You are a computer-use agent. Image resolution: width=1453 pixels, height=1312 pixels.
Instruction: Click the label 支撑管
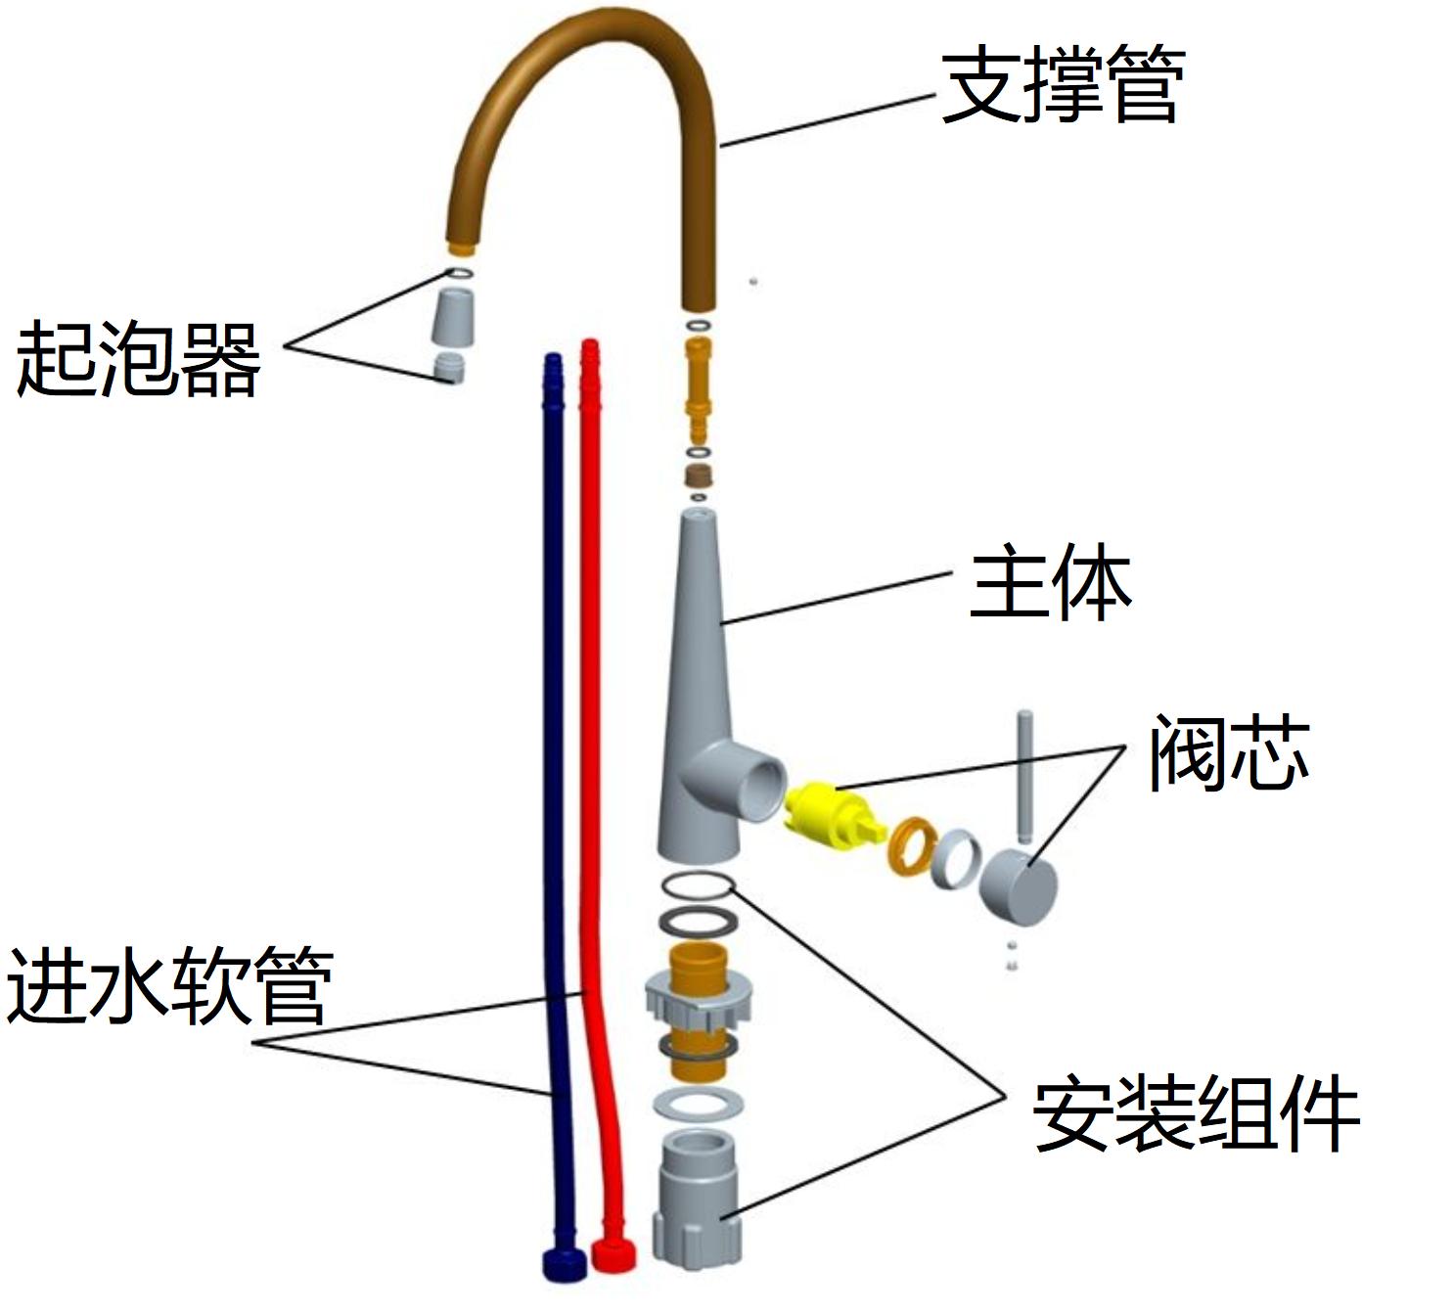tap(1063, 87)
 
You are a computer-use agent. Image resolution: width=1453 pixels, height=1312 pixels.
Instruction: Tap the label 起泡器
tap(138, 358)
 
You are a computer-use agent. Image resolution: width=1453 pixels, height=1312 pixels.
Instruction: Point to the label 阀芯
tap(1228, 752)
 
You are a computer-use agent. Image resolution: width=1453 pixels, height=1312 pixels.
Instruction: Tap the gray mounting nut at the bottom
tap(697, 1199)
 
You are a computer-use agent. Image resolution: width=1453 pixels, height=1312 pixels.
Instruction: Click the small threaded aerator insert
tap(448, 370)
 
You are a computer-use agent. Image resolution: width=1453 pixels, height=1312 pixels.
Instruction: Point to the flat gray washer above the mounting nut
tap(697, 1102)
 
